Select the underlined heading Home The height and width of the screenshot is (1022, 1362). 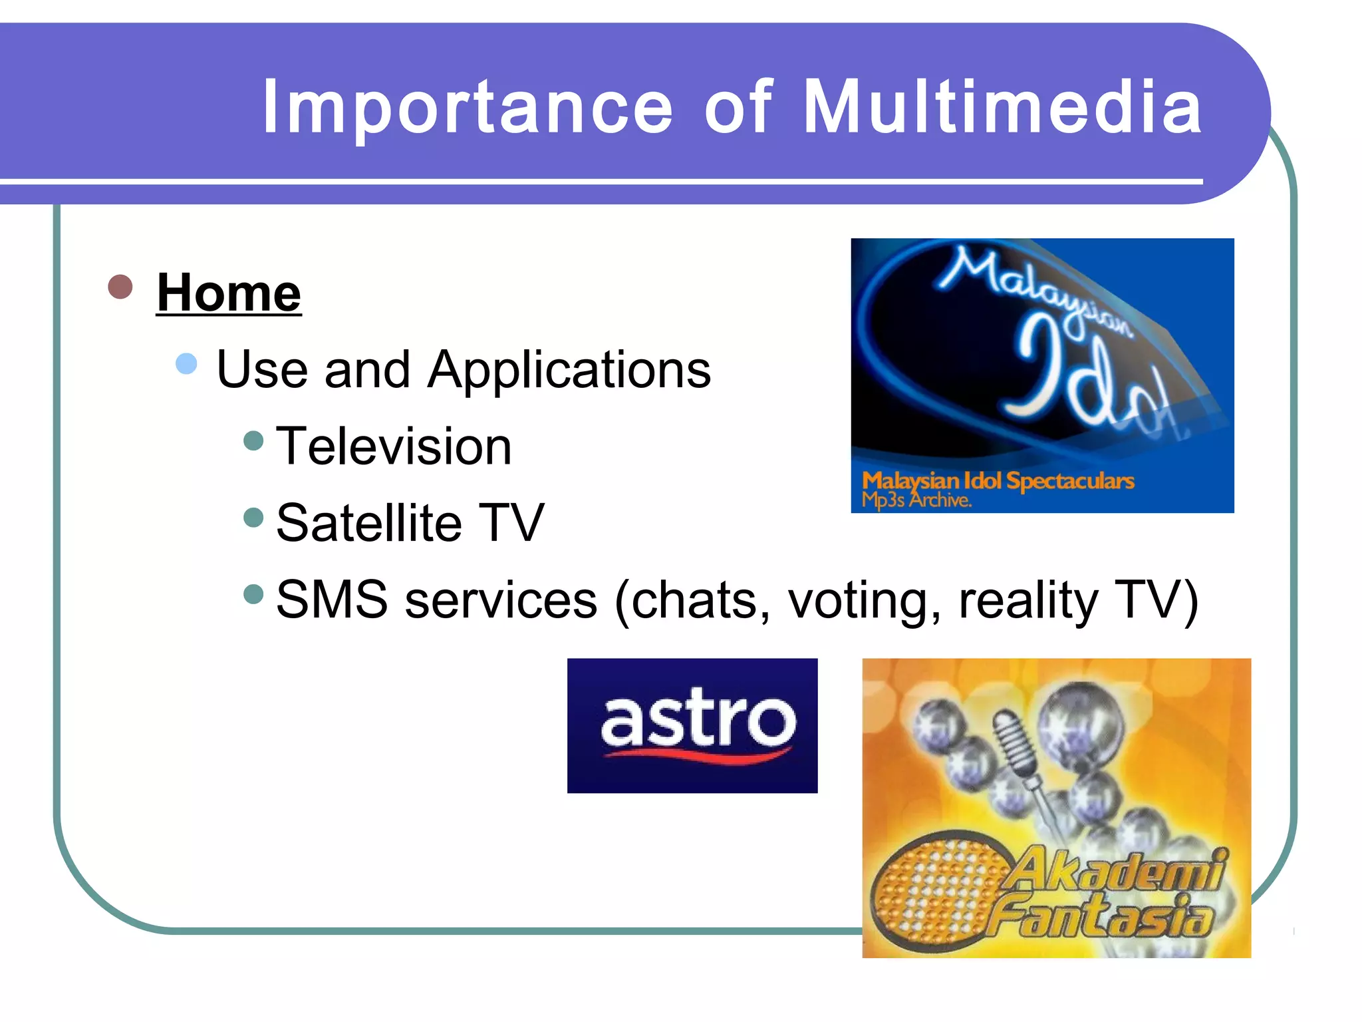[229, 293]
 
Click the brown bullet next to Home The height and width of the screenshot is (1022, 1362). [120, 287]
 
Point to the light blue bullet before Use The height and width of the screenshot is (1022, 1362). [186, 364]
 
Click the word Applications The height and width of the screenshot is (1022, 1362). [569, 370]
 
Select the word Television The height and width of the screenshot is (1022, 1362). [394, 446]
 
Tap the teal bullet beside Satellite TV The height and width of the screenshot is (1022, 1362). [253, 517]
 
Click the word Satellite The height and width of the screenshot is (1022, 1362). [369, 523]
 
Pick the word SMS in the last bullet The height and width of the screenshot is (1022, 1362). [332, 599]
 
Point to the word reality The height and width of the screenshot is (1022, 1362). [1028, 601]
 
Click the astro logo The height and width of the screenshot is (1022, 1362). [692, 725]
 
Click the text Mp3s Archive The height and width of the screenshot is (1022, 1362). [916, 500]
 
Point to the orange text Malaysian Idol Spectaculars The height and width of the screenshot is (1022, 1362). [998, 480]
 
